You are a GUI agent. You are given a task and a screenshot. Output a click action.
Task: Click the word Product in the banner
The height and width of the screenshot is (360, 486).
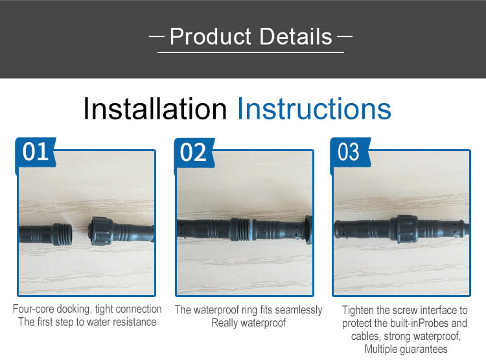click(x=210, y=36)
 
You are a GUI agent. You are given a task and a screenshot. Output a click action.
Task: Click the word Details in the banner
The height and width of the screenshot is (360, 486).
click(x=295, y=36)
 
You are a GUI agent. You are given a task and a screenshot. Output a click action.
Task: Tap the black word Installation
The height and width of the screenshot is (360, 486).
click(x=155, y=108)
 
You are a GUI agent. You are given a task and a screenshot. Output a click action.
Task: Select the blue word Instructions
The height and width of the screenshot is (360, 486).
click(x=314, y=108)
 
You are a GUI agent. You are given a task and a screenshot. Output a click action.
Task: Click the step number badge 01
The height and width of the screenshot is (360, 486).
click(x=36, y=152)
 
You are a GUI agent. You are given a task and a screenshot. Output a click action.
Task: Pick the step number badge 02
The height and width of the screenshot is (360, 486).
click(x=193, y=152)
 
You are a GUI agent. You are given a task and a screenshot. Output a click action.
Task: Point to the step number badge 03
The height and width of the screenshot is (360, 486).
click(x=349, y=152)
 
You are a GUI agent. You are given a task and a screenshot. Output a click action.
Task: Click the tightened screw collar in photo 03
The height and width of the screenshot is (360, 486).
click(x=403, y=229)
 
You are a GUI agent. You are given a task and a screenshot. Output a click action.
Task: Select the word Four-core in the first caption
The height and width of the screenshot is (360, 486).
click(x=33, y=309)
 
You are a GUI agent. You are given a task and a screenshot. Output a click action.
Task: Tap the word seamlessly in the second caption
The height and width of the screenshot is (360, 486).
click(x=299, y=310)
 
